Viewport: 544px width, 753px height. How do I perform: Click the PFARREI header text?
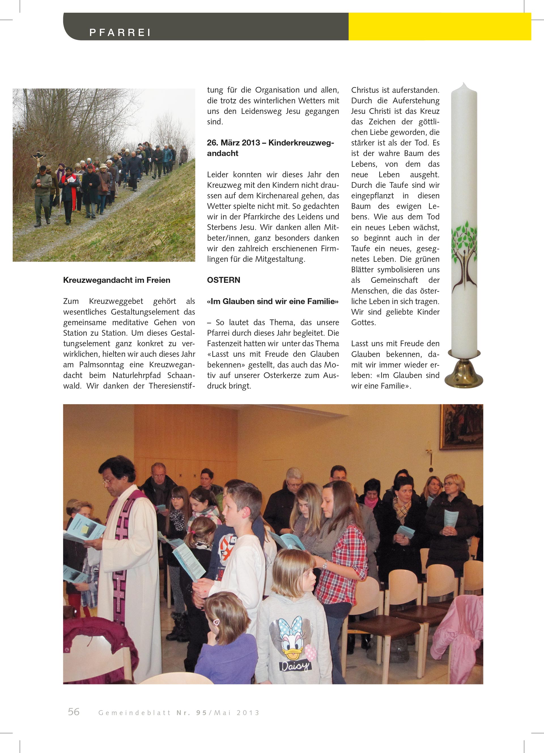point(120,33)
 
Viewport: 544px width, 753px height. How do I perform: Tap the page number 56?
point(74,712)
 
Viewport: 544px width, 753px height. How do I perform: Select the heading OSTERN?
point(223,280)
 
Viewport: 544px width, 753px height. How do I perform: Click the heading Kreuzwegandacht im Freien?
point(116,280)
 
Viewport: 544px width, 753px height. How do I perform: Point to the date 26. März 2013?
point(233,143)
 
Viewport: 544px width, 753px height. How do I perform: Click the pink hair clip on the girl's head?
point(217,622)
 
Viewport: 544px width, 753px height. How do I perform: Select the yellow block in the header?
point(439,27)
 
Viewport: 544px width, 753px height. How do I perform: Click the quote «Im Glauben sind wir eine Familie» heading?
point(273,302)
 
